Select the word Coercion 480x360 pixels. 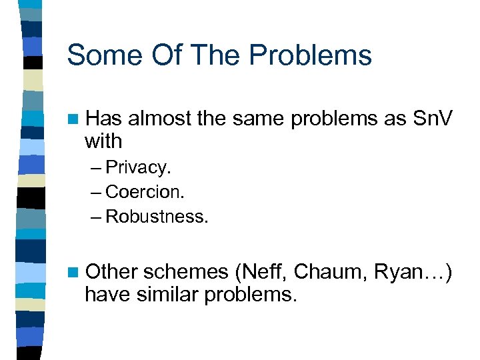tap(145, 192)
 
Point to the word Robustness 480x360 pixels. tap(157, 217)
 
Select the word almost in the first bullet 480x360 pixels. tap(158, 119)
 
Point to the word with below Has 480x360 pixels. tap(103, 141)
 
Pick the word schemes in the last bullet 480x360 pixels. tap(185, 271)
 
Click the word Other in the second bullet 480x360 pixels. tap(111, 271)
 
